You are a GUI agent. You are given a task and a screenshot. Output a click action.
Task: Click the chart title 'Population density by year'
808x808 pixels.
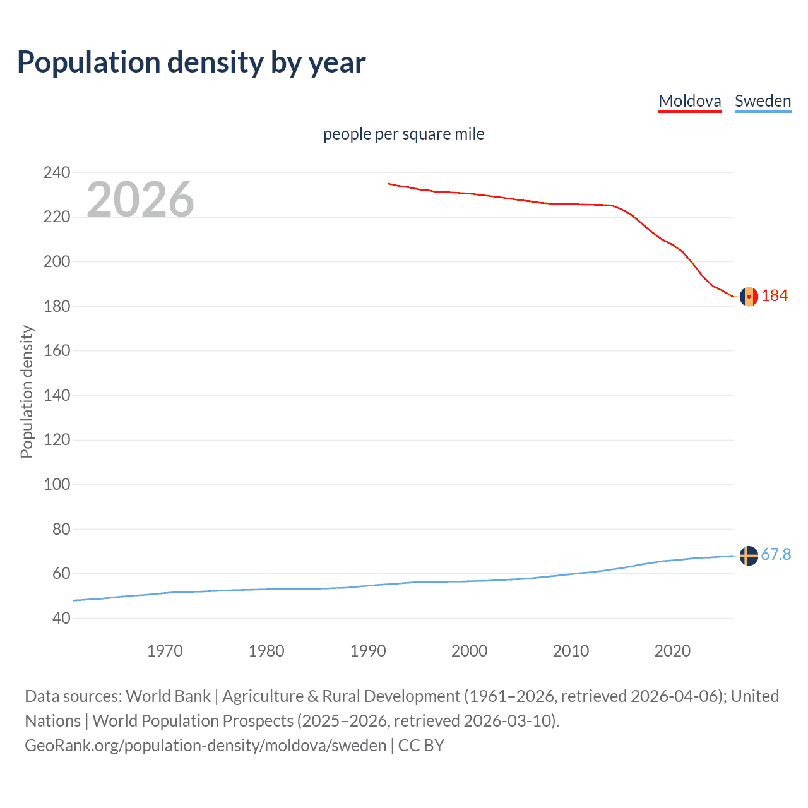click(x=191, y=62)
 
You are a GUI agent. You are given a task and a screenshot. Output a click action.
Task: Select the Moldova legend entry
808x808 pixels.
click(x=689, y=101)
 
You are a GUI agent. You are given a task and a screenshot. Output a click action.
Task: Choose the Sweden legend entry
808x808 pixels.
click(x=763, y=101)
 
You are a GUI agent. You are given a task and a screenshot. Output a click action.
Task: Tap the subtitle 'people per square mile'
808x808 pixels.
click(x=403, y=134)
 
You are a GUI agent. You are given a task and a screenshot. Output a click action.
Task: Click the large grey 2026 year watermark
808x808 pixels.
click(x=140, y=199)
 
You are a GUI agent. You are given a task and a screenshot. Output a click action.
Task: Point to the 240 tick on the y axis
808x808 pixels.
click(x=57, y=172)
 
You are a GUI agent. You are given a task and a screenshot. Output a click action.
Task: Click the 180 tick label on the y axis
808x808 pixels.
click(x=57, y=306)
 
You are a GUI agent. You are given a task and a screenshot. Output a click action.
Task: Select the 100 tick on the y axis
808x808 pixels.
click(x=57, y=485)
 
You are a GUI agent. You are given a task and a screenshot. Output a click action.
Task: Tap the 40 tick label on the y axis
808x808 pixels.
click(x=61, y=619)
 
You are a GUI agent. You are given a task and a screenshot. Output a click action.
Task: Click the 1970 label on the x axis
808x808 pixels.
click(x=165, y=651)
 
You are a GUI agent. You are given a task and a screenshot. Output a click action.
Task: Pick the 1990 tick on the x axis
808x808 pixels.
click(x=368, y=651)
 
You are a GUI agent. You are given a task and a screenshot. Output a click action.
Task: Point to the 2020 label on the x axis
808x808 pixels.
click(x=672, y=651)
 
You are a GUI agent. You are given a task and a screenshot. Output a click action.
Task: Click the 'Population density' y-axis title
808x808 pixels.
click(x=27, y=391)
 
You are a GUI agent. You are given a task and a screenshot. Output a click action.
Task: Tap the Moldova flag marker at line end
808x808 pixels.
click(x=749, y=296)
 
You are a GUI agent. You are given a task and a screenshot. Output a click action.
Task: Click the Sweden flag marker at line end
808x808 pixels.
click(x=749, y=555)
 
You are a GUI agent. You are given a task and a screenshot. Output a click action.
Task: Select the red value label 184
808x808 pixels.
click(x=775, y=295)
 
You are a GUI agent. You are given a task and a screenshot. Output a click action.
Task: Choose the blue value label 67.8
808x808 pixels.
click(x=776, y=554)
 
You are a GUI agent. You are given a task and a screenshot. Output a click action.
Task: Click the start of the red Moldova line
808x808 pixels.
click(x=388, y=184)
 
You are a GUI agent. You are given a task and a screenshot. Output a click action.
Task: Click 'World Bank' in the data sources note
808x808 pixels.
click(x=168, y=696)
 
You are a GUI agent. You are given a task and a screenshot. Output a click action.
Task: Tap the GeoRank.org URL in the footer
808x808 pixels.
click(x=205, y=745)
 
